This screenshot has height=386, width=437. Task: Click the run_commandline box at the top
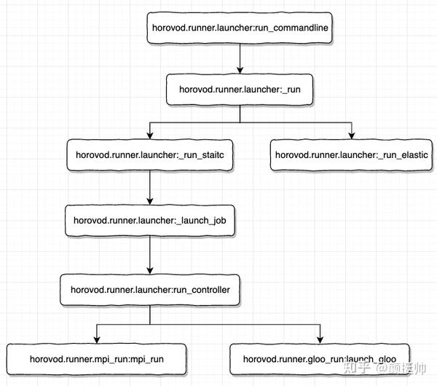240,28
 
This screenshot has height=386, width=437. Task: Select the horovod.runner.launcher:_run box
240,90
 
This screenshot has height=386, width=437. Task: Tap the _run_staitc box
150,155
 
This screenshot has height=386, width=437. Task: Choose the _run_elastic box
352,155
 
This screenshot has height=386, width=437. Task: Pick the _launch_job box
150,221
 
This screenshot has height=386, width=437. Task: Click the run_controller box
150,290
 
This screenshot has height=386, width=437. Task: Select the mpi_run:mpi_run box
97,359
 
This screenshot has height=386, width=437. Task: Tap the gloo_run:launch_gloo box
320,359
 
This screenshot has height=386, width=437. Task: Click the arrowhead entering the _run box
240,70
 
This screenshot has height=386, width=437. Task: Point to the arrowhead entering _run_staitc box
150,135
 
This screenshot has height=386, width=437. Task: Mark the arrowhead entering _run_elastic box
352,135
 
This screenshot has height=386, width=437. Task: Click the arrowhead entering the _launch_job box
150,202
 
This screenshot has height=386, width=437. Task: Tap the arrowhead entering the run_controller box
150,271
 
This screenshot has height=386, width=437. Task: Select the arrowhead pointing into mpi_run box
97,339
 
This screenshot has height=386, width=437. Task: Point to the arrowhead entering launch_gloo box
320,339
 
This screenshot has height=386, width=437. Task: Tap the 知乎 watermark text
358,368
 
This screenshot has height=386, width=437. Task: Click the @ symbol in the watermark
382,369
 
